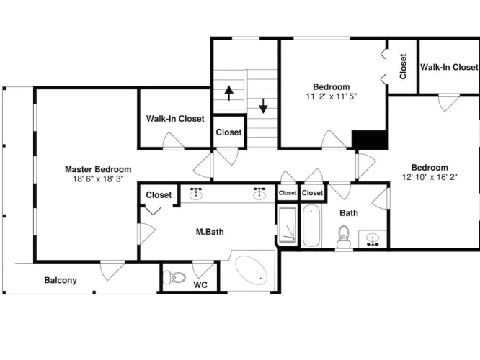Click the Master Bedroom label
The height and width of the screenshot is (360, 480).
click(98, 169)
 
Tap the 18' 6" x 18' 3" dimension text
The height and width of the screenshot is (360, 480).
click(98, 179)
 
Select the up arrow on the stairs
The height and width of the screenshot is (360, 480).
click(229, 93)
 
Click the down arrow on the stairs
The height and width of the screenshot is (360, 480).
click(263, 106)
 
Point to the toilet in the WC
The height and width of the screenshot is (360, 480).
click(174, 277)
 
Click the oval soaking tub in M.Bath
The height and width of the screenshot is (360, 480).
click(252, 271)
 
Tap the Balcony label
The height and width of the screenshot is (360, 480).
click(61, 280)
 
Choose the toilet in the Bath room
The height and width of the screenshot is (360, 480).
click(344, 237)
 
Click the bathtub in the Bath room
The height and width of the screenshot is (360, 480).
click(311, 226)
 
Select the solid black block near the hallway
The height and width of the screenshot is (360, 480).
click(370, 140)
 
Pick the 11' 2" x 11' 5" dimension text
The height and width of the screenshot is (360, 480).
click(332, 96)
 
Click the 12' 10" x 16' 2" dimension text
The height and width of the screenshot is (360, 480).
click(430, 177)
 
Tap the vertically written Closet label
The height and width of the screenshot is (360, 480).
click(403, 67)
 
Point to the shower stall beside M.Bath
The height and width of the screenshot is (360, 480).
click(288, 226)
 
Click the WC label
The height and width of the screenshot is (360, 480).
click(200, 285)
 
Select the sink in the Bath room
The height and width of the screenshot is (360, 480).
click(373, 239)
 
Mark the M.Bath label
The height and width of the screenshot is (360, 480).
click(210, 232)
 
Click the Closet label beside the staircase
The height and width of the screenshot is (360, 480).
click(228, 132)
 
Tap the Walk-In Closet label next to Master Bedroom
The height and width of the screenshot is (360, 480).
click(175, 119)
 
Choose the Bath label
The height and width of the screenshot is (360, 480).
click(349, 213)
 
